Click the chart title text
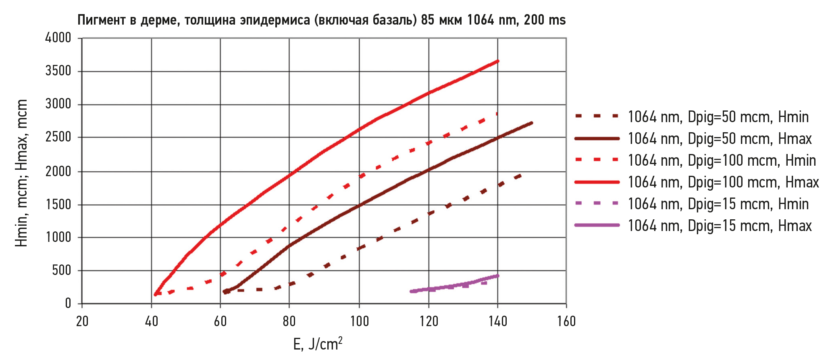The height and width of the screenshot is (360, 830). (321, 20)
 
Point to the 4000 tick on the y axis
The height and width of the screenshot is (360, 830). (58, 38)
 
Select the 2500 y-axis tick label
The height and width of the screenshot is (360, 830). (58, 137)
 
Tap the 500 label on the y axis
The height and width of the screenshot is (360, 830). (61, 270)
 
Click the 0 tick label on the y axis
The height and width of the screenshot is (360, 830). (68, 303)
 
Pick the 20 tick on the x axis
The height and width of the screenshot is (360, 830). (82, 321)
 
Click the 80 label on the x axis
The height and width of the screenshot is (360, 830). (289, 321)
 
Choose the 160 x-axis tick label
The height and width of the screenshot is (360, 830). (566, 321)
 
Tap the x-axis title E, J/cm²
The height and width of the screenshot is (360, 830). (318, 344)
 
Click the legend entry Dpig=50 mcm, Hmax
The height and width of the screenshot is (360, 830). (720, 139)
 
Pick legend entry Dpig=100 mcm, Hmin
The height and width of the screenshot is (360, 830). (722, 160)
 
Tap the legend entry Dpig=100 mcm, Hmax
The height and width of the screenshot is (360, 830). (723, 182)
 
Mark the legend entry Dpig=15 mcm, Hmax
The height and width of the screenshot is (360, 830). (720, 226)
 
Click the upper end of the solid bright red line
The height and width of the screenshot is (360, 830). (498, 61)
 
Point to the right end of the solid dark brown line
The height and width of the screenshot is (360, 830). (532, 123)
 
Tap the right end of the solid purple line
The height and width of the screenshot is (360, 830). (498, 276)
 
